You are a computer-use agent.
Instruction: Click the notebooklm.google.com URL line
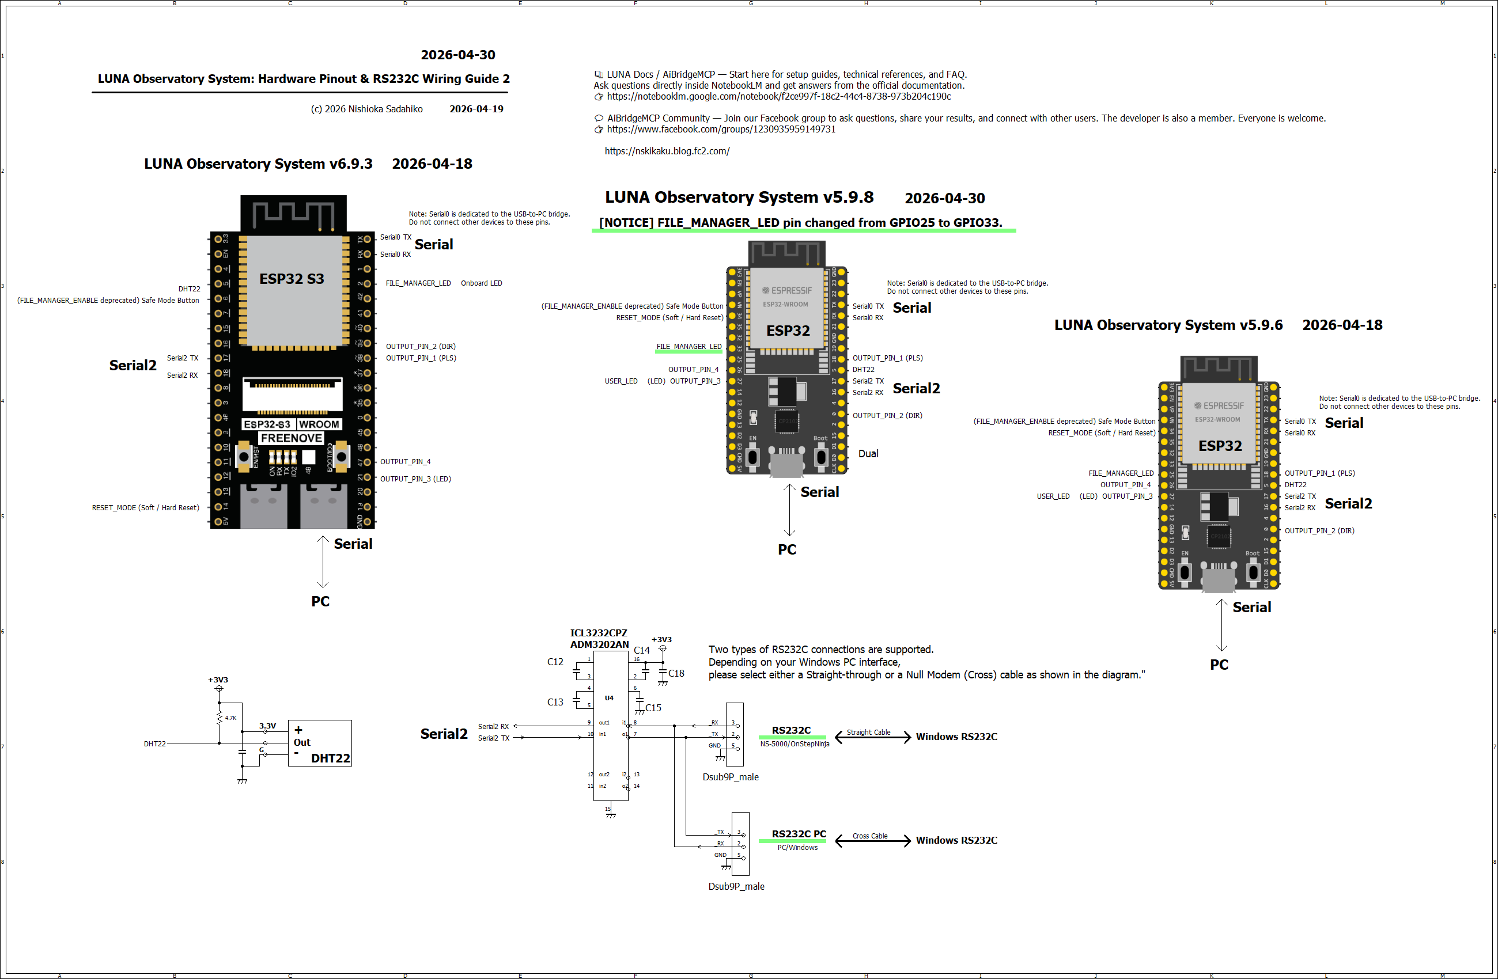tap(778, 96)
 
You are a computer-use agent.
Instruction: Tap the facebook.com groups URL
tap(721, 129)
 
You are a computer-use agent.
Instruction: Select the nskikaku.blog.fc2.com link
tap(667, 151)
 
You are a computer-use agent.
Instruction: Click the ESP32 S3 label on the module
tap(292, 279)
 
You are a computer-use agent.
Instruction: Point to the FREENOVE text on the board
tap(292, 438)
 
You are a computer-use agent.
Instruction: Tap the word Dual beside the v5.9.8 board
tap(868, 454)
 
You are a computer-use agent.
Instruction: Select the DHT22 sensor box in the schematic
tap(320, 743)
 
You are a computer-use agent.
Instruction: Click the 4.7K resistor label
tap(230, 718)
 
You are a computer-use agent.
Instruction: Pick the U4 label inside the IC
tap(608, 698)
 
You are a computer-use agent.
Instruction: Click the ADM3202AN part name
tap(599, 644)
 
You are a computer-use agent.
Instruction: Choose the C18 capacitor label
tap(676, 673)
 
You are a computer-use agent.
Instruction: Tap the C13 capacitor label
tap(555, 702)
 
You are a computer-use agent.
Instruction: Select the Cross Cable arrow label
tap(870, 836)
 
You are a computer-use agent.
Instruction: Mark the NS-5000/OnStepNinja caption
tap(795, 743)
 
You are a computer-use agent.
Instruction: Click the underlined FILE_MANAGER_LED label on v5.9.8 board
tap(689, 347)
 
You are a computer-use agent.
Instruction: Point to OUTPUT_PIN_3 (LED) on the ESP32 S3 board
tap(415, 479)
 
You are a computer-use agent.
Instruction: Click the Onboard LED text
tap(481, 283)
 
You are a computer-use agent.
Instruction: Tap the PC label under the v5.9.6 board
tap(1219, 665)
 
